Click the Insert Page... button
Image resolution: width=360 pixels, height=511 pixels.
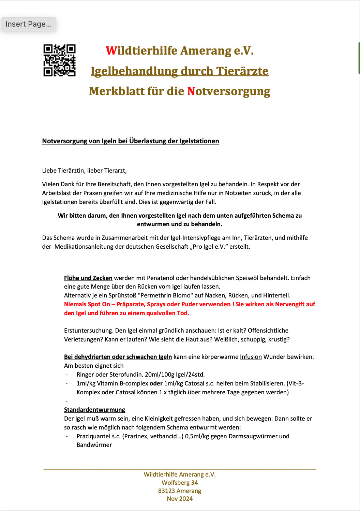[29, 24]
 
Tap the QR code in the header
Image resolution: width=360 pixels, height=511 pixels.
[59, 60]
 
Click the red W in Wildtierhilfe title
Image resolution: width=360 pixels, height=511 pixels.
[111, 51]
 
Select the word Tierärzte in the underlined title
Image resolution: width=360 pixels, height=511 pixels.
[242, 71]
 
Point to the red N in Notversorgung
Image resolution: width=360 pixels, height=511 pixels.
[191, 91]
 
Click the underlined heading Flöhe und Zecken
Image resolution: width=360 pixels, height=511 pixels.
[88, 278]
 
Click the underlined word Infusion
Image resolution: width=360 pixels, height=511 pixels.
[251, 357]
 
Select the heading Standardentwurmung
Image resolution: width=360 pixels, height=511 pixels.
[94, 410]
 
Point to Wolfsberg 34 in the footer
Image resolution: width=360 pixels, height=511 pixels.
[180, 483]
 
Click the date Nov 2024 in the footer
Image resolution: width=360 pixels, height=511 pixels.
[180, 499]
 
